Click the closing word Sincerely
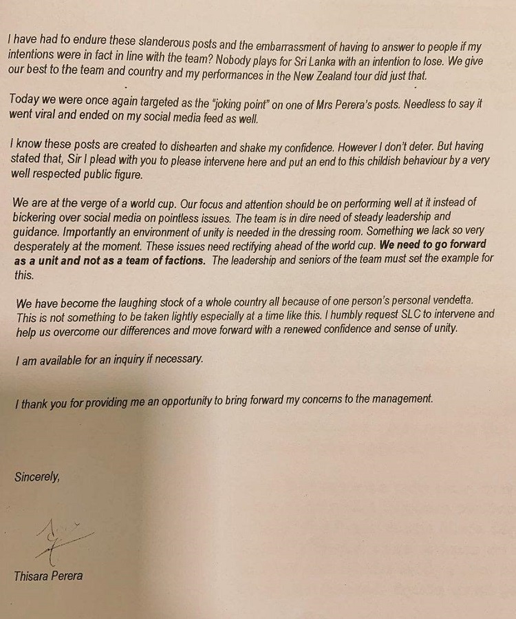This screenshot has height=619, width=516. tap(37, 476)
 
